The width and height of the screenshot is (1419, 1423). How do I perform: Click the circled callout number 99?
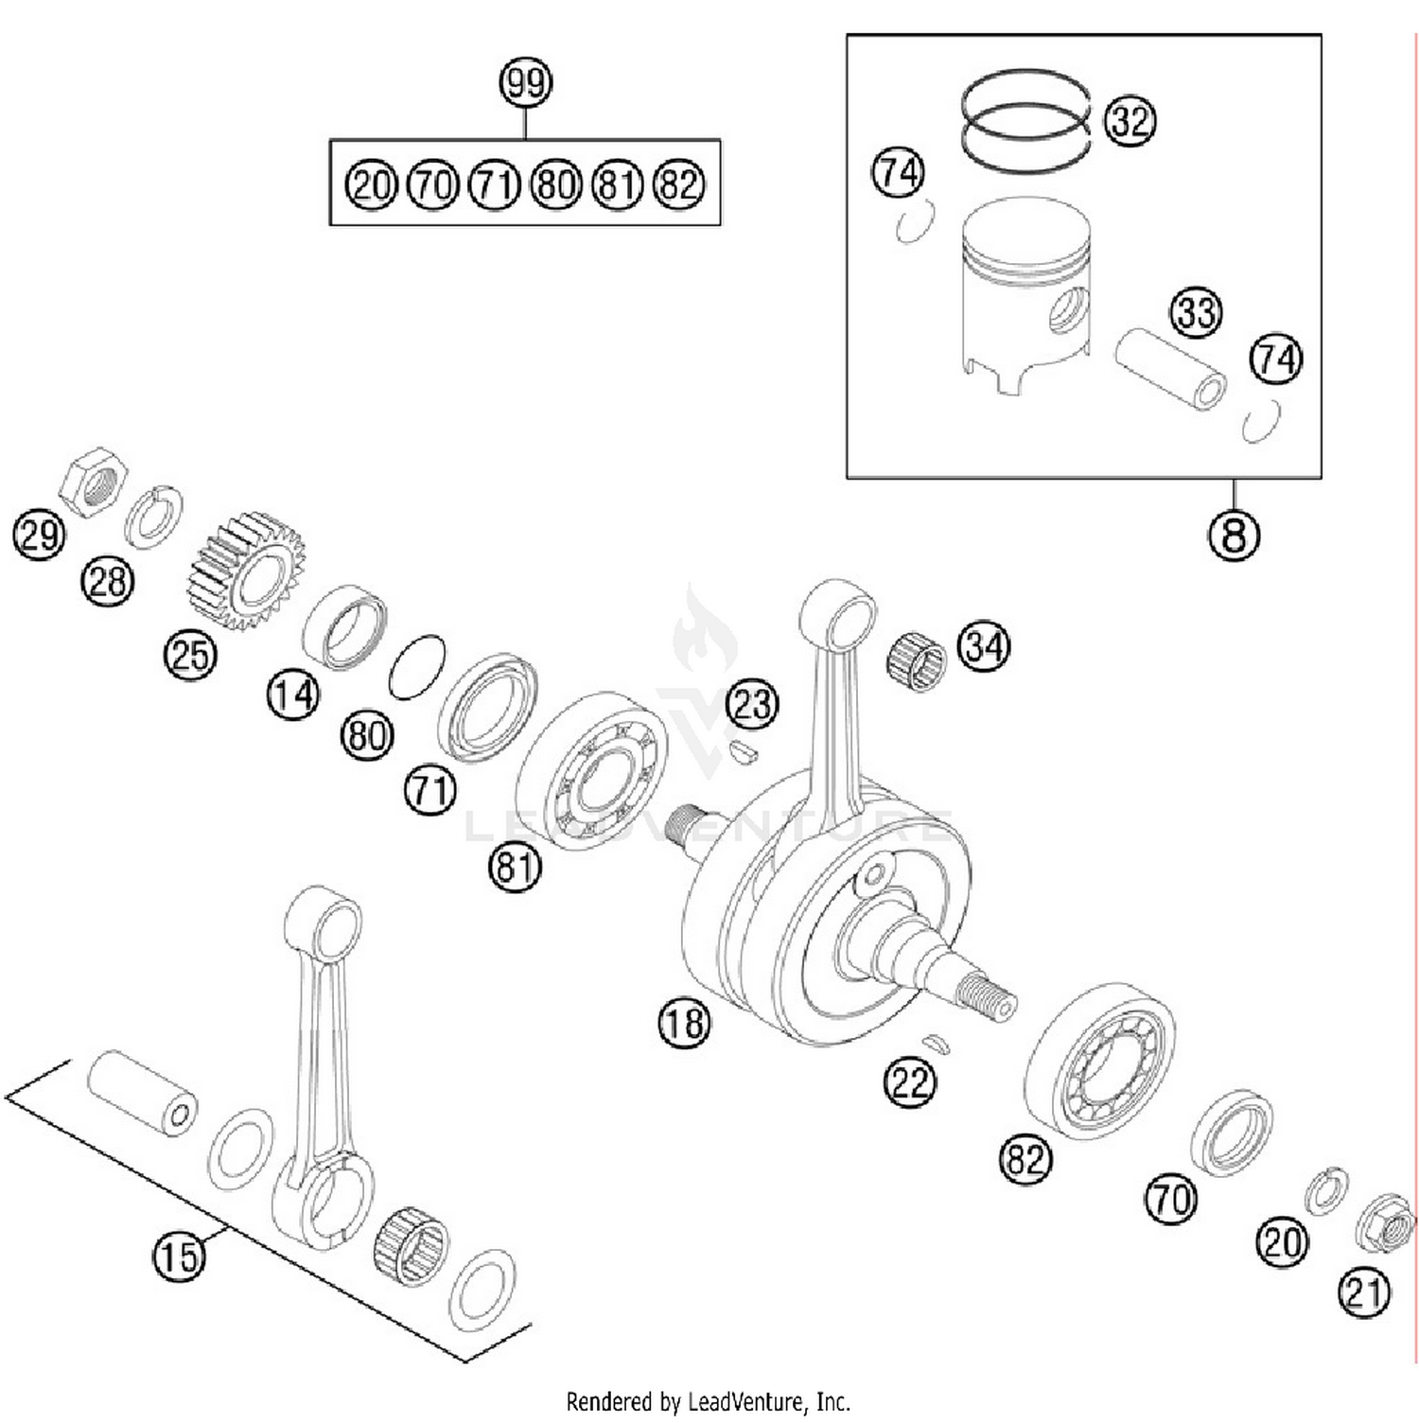(x=525, y=82)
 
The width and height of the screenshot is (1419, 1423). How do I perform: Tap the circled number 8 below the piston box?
(x=1234, y=535)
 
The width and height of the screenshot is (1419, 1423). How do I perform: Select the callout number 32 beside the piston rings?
(x=1130, y=121)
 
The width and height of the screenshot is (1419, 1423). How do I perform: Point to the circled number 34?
(x=984, y=647)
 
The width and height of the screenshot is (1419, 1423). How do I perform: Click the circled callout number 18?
(x=684, y=1023)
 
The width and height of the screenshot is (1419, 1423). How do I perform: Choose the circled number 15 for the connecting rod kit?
(x=179, y=1256)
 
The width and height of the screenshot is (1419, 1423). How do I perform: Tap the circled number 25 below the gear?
(x=190, y=654)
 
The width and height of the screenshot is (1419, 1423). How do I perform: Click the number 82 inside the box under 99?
(x=679, y=184)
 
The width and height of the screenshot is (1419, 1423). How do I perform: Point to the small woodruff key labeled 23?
(x=745, y=752)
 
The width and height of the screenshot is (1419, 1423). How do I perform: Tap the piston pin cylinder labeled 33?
(x=1170, y=370)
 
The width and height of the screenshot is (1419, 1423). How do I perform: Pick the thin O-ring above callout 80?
(x=416, y=668)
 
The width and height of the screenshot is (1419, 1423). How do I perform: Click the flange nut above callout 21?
(x=1384, y=1227)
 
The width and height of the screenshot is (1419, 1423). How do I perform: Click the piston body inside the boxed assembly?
(x=1025, y=293)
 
